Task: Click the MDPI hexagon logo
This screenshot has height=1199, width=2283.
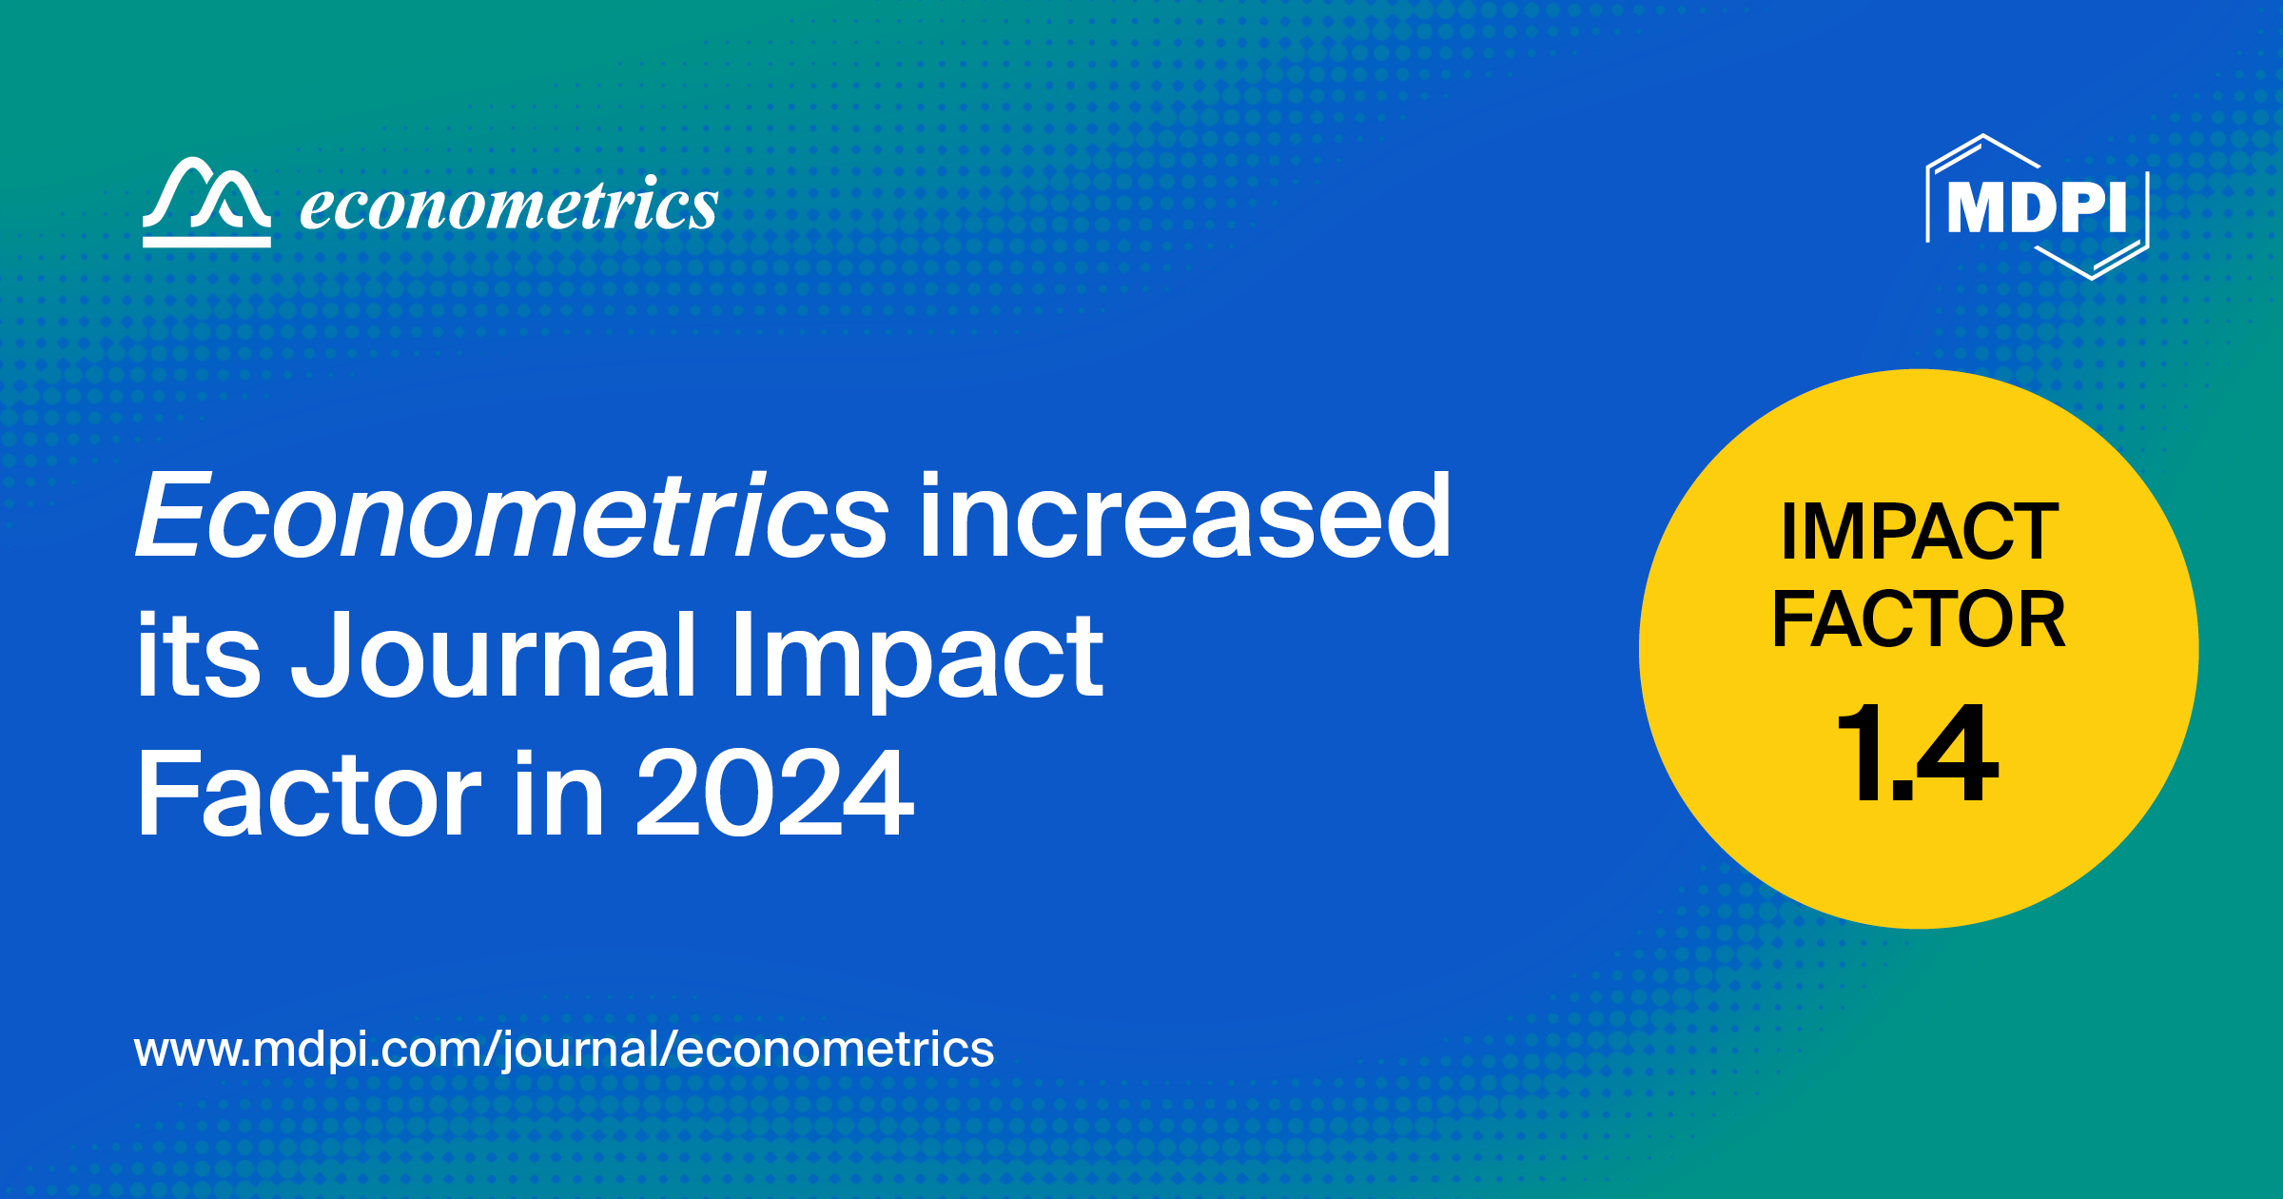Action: point(2037,206)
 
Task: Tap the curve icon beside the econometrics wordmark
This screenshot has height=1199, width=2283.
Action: point(206,195)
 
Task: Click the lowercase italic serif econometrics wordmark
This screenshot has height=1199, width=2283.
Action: point(509,205)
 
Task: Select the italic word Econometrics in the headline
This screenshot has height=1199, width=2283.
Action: point(512,517)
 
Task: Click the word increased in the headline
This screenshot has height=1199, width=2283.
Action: point(1184,517)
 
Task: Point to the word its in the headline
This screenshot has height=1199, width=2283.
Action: point(198,656)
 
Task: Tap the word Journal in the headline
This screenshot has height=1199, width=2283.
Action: point(495,656)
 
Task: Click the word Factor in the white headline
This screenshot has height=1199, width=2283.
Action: point(310,793)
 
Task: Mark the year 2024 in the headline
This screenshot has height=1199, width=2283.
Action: point(774,793)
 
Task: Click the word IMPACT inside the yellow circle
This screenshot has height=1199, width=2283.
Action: point(1920,532)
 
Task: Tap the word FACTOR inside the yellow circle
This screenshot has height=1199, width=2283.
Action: point(1919,619)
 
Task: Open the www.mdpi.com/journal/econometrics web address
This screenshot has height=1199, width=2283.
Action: point(564,1050)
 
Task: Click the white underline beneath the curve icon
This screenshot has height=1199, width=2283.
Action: point(206,242)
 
